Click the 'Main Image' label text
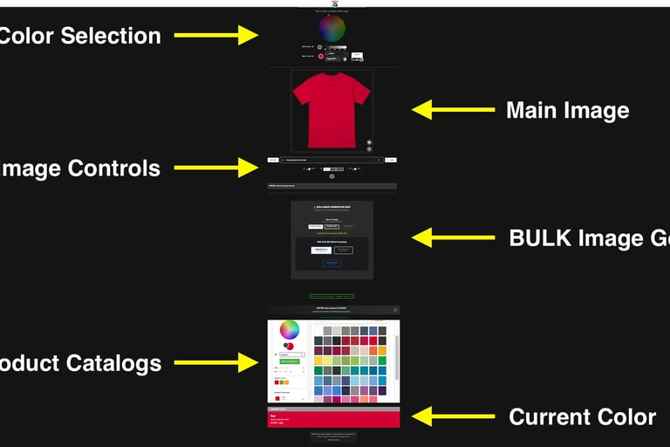click(567, 111)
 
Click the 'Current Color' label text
click(582, 417)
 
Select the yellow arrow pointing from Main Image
click(453, 110)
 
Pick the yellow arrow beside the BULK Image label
click(453, 237)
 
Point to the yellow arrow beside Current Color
click(453, 416)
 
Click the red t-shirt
click(332, 109)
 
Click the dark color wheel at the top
click(332, 29)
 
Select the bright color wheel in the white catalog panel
click(289, 330)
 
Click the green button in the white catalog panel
click(289, 361)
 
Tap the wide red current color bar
click(333, 418)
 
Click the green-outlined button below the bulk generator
click(332, 296)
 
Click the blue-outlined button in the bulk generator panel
click(332, 263)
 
